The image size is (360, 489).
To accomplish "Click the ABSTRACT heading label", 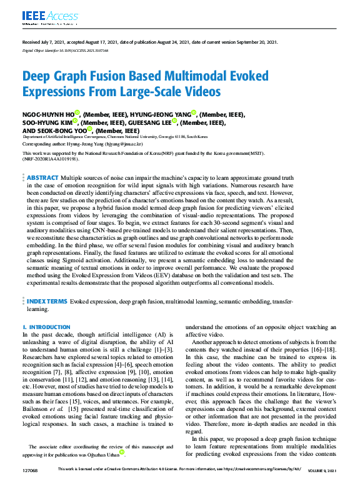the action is click(43, 177).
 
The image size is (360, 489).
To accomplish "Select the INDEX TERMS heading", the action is click(47, 301).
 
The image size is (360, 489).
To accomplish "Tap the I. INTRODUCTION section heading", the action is click(46, 327).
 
